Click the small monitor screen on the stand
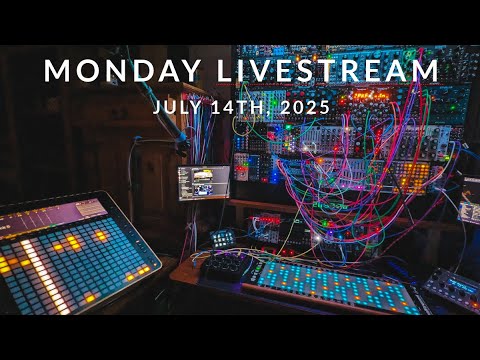pos(204,181)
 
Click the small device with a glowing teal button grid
pos(222,238)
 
